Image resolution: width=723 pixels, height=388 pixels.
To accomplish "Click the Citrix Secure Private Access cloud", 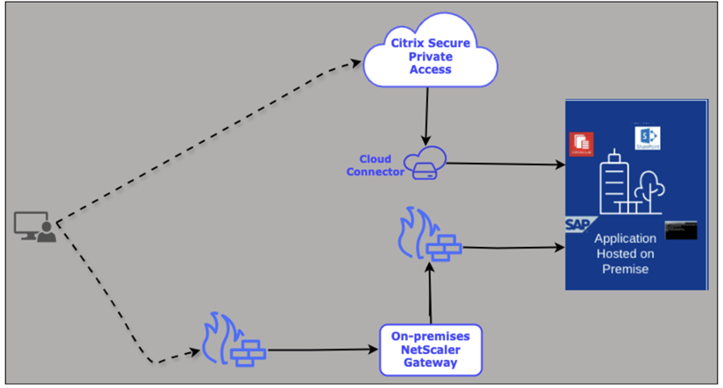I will [x=428, y=54].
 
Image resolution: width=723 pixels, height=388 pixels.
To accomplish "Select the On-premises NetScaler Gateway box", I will [x=431, y=347].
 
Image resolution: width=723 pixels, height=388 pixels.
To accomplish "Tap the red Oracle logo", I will [x=581, y=144].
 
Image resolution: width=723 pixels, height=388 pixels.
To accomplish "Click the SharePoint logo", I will [x=648, y=138].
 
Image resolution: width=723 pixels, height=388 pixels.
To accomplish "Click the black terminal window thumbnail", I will [x=680, y=229].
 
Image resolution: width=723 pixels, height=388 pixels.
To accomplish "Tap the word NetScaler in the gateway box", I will [x=431, y=348].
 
